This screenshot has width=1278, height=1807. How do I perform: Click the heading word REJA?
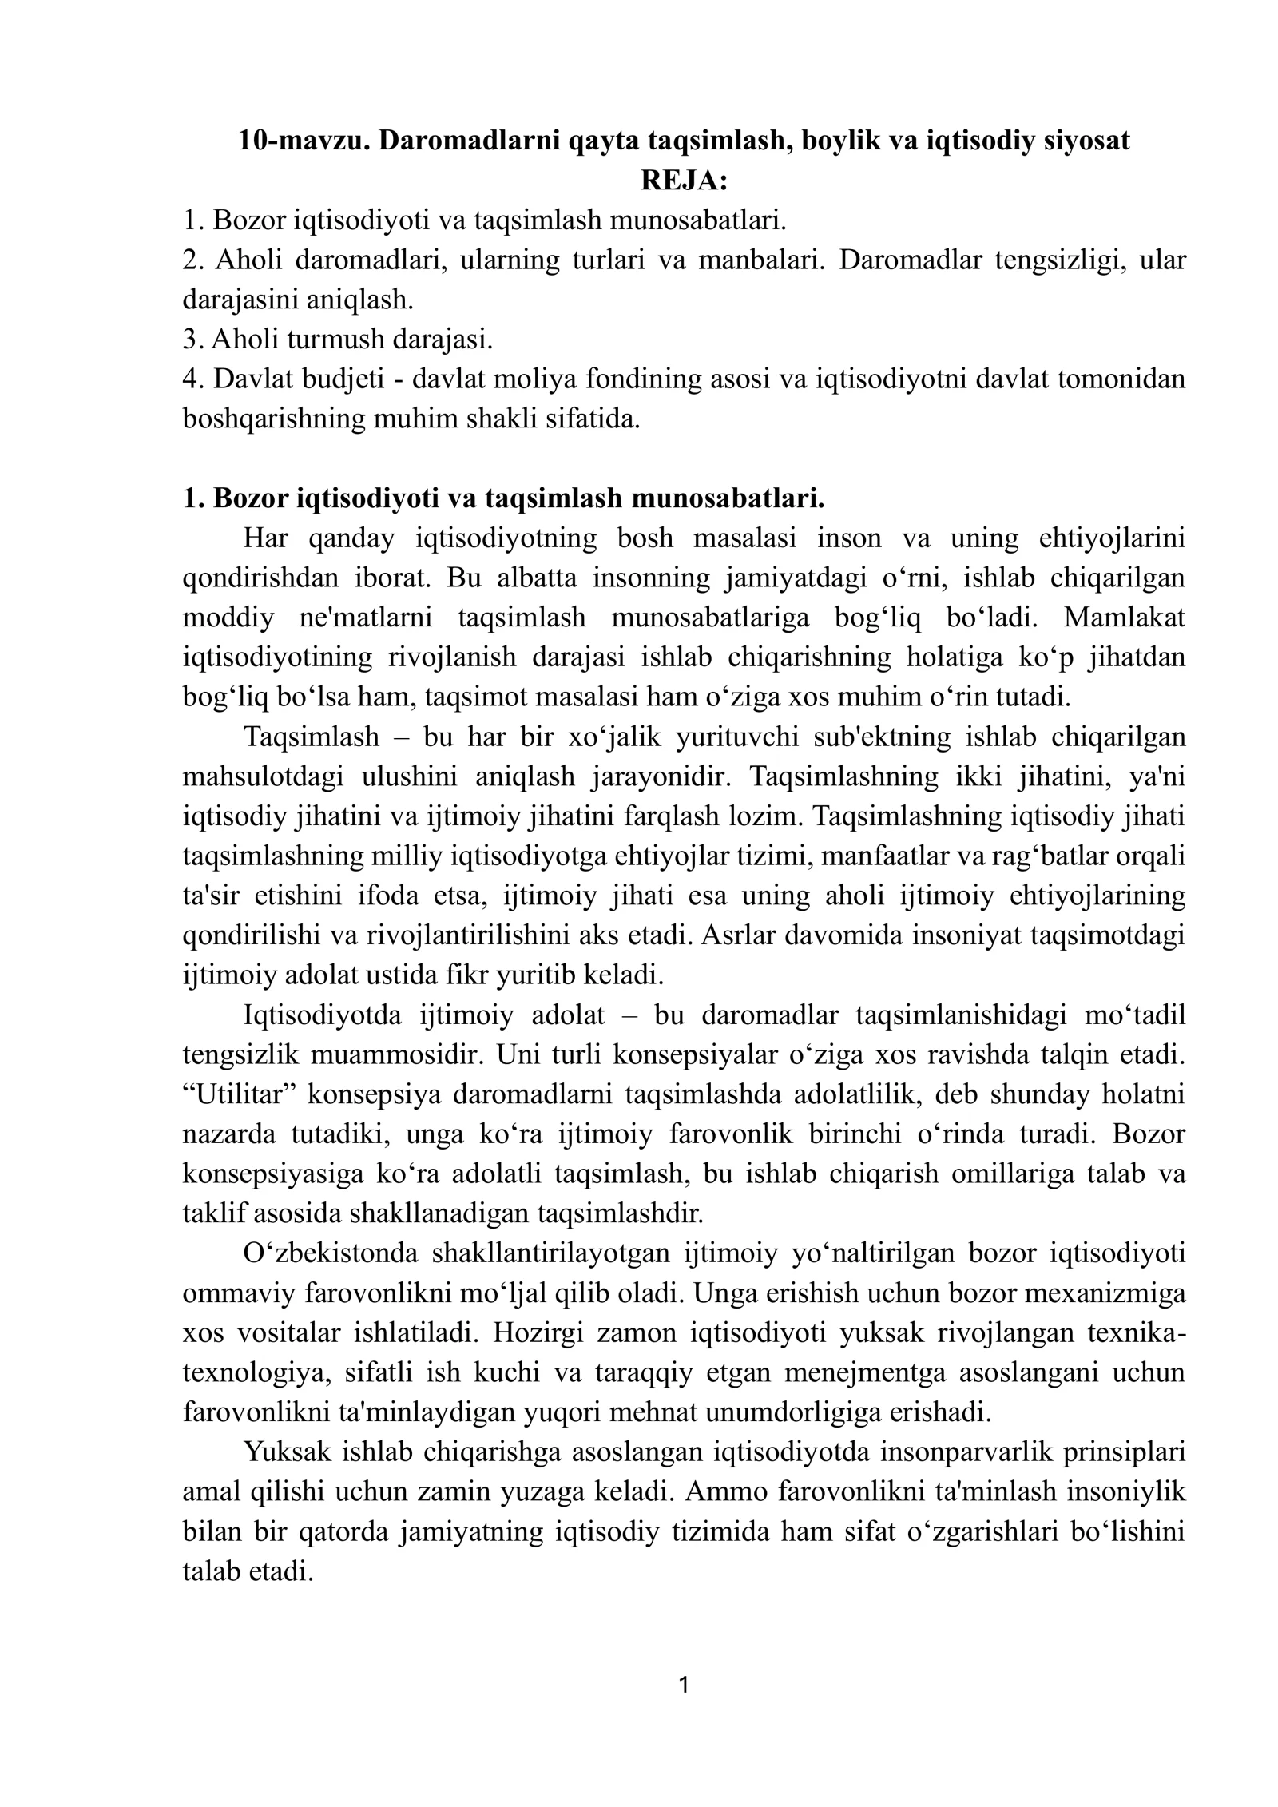point(685,181)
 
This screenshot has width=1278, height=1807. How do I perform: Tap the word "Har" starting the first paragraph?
point(265,538)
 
